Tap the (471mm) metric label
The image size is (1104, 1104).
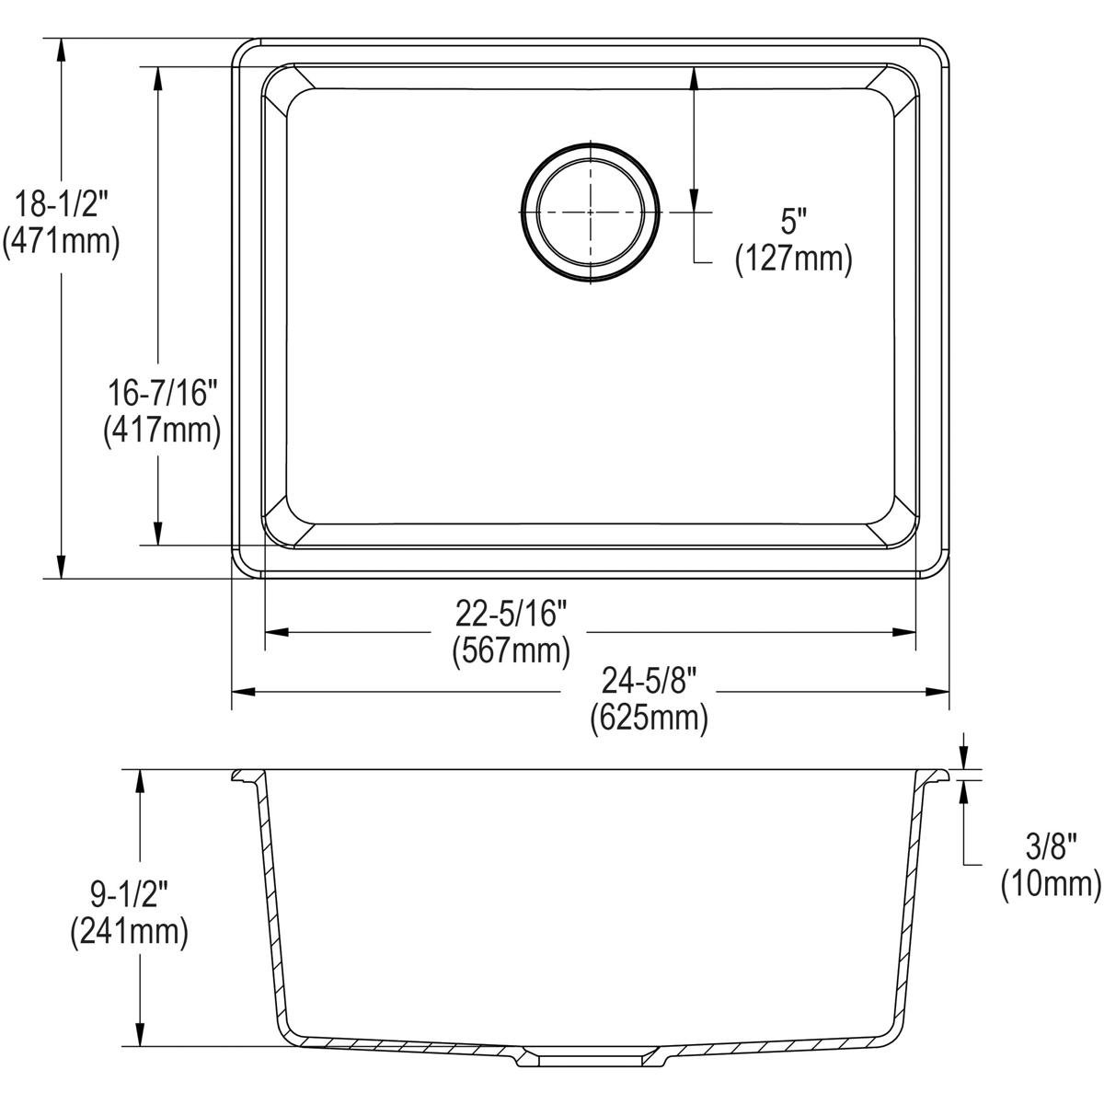pos(62,241)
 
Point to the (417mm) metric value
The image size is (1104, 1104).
pos(162,431)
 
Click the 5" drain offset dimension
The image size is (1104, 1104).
pos(793,222)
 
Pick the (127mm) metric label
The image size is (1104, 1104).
pos(793,259)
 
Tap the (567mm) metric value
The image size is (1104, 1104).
pos(512,650)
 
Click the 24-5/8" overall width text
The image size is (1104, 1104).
pos(650,682)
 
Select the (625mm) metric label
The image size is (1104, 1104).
pos(650,718)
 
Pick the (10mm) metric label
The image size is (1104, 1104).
pos(1051,884)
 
